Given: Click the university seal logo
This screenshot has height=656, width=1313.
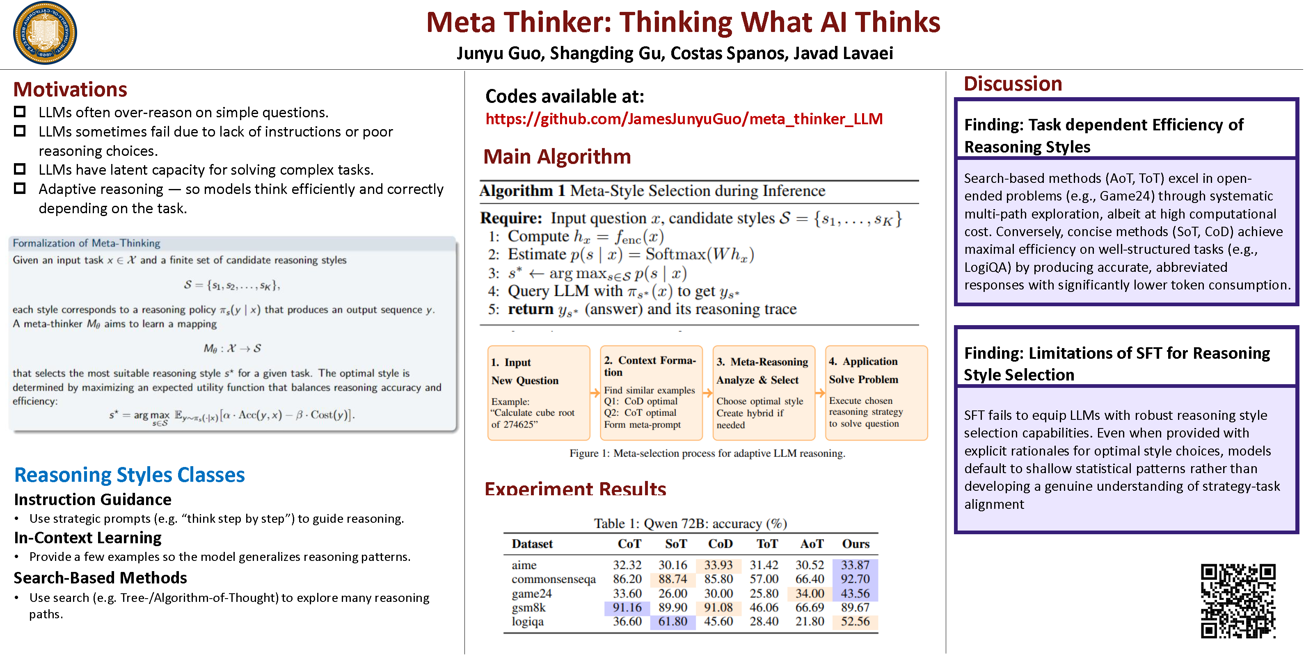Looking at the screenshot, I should pos(45,33).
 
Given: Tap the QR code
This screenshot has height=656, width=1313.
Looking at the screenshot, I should pos(1238,601).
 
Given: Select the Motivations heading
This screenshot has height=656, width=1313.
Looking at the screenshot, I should pos(70,90).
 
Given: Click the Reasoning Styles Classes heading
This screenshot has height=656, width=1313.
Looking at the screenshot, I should pos(130,475).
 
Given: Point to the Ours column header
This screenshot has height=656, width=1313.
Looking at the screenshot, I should pos(855,544).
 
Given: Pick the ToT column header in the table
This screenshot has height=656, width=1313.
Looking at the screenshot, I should pos(766,544).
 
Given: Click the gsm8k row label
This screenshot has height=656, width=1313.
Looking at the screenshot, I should pos(528,608).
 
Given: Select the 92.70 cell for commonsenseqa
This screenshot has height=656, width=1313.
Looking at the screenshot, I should pos(855,579).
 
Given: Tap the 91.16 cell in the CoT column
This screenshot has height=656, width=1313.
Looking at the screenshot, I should pos(627,608).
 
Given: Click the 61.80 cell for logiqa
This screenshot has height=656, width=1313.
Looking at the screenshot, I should pos(673,622).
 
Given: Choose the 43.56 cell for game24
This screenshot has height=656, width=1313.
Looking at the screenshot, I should pos(855,593).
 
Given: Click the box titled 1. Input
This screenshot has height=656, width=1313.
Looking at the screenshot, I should pos(539,393).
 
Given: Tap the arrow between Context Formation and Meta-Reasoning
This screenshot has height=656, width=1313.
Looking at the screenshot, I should pos(707,393).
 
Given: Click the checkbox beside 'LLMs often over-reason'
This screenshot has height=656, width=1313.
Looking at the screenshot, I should pos(20,112).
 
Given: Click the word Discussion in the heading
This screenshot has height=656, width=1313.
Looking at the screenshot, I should pos(1012,84).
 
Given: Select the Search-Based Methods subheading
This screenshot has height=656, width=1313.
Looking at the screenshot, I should pos(101,578).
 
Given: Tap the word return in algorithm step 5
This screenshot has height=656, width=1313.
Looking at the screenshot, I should pos(530,309).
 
